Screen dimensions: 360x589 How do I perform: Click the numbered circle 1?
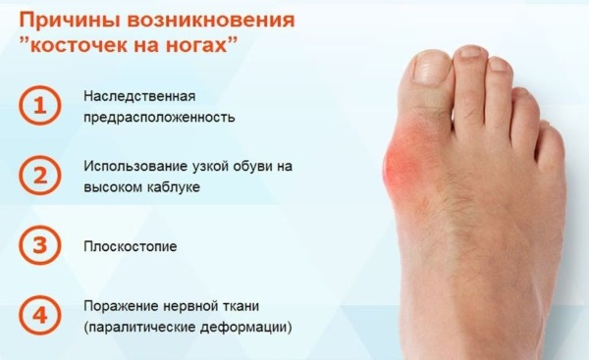pos(41,107)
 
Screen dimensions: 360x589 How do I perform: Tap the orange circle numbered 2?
pos(41,176)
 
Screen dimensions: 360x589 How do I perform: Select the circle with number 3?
pos(41,245)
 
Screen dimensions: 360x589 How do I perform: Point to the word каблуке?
pos(174,186)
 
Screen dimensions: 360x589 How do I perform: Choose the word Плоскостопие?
pos(131,245)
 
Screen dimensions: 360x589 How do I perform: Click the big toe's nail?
pos(431,67)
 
